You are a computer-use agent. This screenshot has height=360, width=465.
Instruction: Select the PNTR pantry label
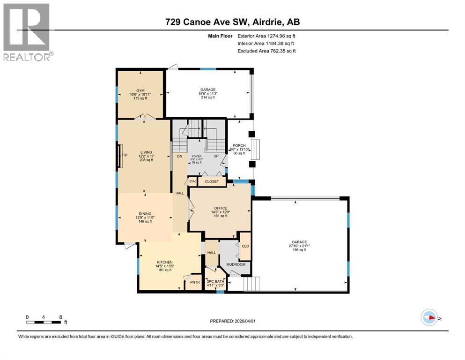[x=194, y=282]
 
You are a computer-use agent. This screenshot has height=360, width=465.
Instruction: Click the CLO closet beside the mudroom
[x=245, y=245]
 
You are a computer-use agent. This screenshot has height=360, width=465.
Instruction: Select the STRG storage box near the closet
[x=192, y=181]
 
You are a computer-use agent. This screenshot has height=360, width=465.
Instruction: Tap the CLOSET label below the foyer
[x=212, y=181]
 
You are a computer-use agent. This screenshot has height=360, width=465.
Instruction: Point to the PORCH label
[x=239, y=146]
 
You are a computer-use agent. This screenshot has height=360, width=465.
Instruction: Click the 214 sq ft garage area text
[x=208, y=97]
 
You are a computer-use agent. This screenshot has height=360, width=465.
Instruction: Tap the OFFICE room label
[x=220, y=208]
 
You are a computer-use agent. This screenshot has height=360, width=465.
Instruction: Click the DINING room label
[x=145, y=213]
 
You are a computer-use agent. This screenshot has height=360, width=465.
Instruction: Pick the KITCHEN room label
[x=165, y=262]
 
